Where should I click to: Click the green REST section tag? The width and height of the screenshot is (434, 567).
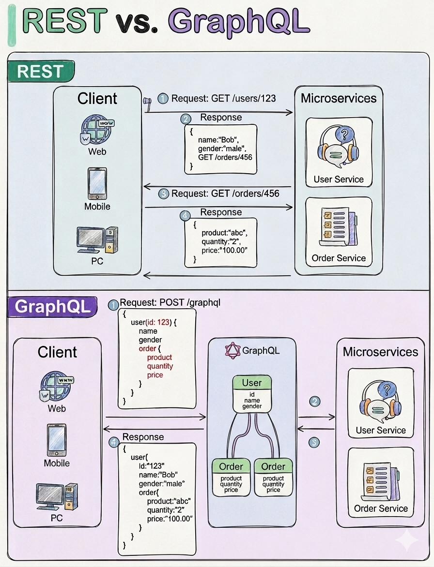point(40,72)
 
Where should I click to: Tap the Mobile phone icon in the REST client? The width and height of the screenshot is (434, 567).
point(97,183)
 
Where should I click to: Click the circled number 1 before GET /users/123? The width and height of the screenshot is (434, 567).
point(163,98)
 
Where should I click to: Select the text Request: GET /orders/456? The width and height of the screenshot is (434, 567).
point(225,194)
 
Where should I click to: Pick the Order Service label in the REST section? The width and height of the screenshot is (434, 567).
point(339,258)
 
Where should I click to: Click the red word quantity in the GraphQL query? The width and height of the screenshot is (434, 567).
point(160,366)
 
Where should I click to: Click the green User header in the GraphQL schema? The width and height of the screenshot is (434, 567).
point(252,383)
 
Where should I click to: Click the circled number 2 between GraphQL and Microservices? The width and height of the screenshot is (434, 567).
point(315,401)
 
